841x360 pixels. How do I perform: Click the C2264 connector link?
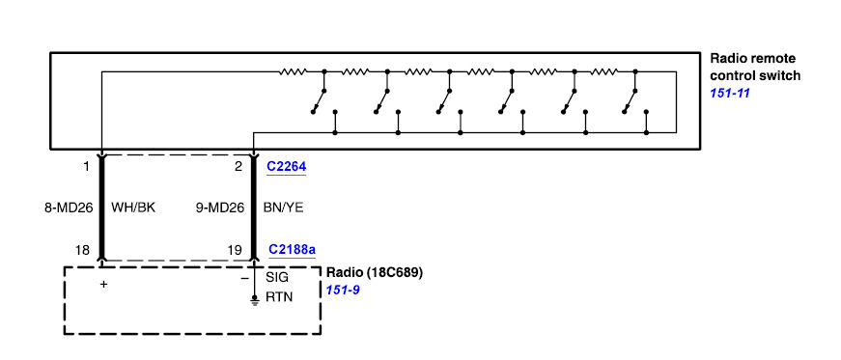coord(287,167)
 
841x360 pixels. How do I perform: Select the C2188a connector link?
coord(292,249)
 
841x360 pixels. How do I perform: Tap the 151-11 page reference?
coord(729,93)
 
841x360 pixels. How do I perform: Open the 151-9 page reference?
coord(342,291)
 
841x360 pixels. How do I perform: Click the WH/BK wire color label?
coord(132,208)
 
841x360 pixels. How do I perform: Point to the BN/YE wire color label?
coord(283,208)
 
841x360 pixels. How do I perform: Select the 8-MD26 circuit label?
coord(69,208)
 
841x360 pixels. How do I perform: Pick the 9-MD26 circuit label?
coord(220,208)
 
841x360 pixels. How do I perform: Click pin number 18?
coord(84,249)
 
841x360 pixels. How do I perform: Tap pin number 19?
coord(235,249)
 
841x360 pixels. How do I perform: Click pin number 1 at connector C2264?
coord(87,167)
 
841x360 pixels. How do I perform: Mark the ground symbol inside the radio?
coord(254,300)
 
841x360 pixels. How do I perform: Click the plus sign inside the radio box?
coord(103,285)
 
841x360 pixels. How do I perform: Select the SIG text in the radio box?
coord(277,277)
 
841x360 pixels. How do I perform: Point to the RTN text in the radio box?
coord(279,296)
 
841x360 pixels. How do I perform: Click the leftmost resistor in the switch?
coord(293,71)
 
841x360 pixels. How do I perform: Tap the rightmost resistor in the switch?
coord(604,71)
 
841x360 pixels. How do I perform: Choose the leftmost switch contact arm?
coord(318,101)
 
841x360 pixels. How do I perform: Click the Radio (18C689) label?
coord(375,272)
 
